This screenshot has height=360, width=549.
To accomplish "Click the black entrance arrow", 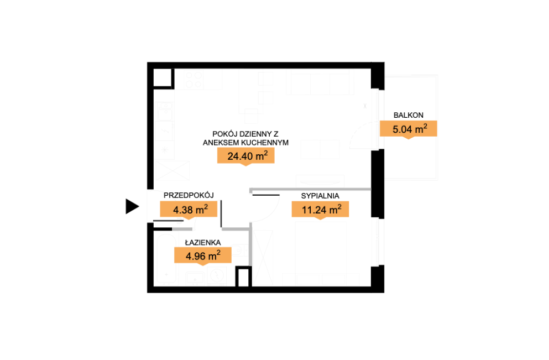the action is pos(132,206).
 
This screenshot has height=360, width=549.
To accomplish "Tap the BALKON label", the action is pos(408,115).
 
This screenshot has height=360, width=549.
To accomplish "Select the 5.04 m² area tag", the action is pos(408,129).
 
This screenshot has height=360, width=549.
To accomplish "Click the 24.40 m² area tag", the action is pos(246,156).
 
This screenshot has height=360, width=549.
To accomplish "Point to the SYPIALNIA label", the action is pos(320,196).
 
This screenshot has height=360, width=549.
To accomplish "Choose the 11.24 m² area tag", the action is pos(320,210).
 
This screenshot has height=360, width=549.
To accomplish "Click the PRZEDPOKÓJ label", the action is pos(189,195).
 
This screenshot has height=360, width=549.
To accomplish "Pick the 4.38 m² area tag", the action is pos(189,210).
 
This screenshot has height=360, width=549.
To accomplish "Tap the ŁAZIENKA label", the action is pos(203,242).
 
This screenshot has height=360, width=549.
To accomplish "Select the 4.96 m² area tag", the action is pos(203,256).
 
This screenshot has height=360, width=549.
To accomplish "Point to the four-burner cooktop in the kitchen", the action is pos(194,80).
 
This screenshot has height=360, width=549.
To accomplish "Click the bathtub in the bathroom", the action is pos(166,258).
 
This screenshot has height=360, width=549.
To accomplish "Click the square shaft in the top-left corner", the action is pos(163,78).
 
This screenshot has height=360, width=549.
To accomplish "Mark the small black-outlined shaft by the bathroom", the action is pos(243,276).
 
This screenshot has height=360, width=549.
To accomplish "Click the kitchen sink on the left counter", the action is pos(164,111).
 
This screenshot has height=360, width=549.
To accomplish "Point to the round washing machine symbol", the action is pos(217,275).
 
